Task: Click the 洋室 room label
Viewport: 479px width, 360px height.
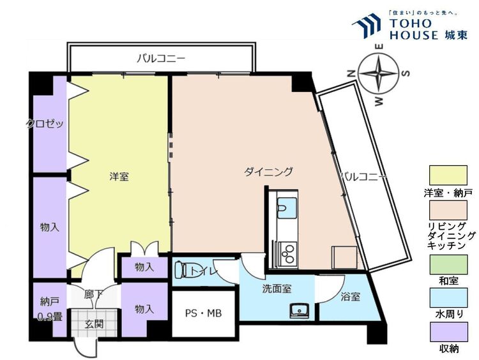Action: point(119,176)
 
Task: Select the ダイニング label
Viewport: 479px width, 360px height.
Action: point(268,171)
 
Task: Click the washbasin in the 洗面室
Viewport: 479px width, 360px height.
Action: point(298,311)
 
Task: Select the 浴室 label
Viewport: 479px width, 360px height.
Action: point(350,296)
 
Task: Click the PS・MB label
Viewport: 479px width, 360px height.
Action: point(204,313)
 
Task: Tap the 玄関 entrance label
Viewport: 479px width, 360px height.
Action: point(94,323)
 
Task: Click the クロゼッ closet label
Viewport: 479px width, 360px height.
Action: point(45,124)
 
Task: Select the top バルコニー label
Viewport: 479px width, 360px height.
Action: point(161,59)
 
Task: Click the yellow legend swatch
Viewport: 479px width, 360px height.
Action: point(448,174)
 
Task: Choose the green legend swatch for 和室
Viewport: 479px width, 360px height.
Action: point(448,262)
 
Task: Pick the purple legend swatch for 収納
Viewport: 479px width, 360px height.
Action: point(448,333)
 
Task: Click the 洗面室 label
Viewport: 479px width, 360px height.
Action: point(277,289)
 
